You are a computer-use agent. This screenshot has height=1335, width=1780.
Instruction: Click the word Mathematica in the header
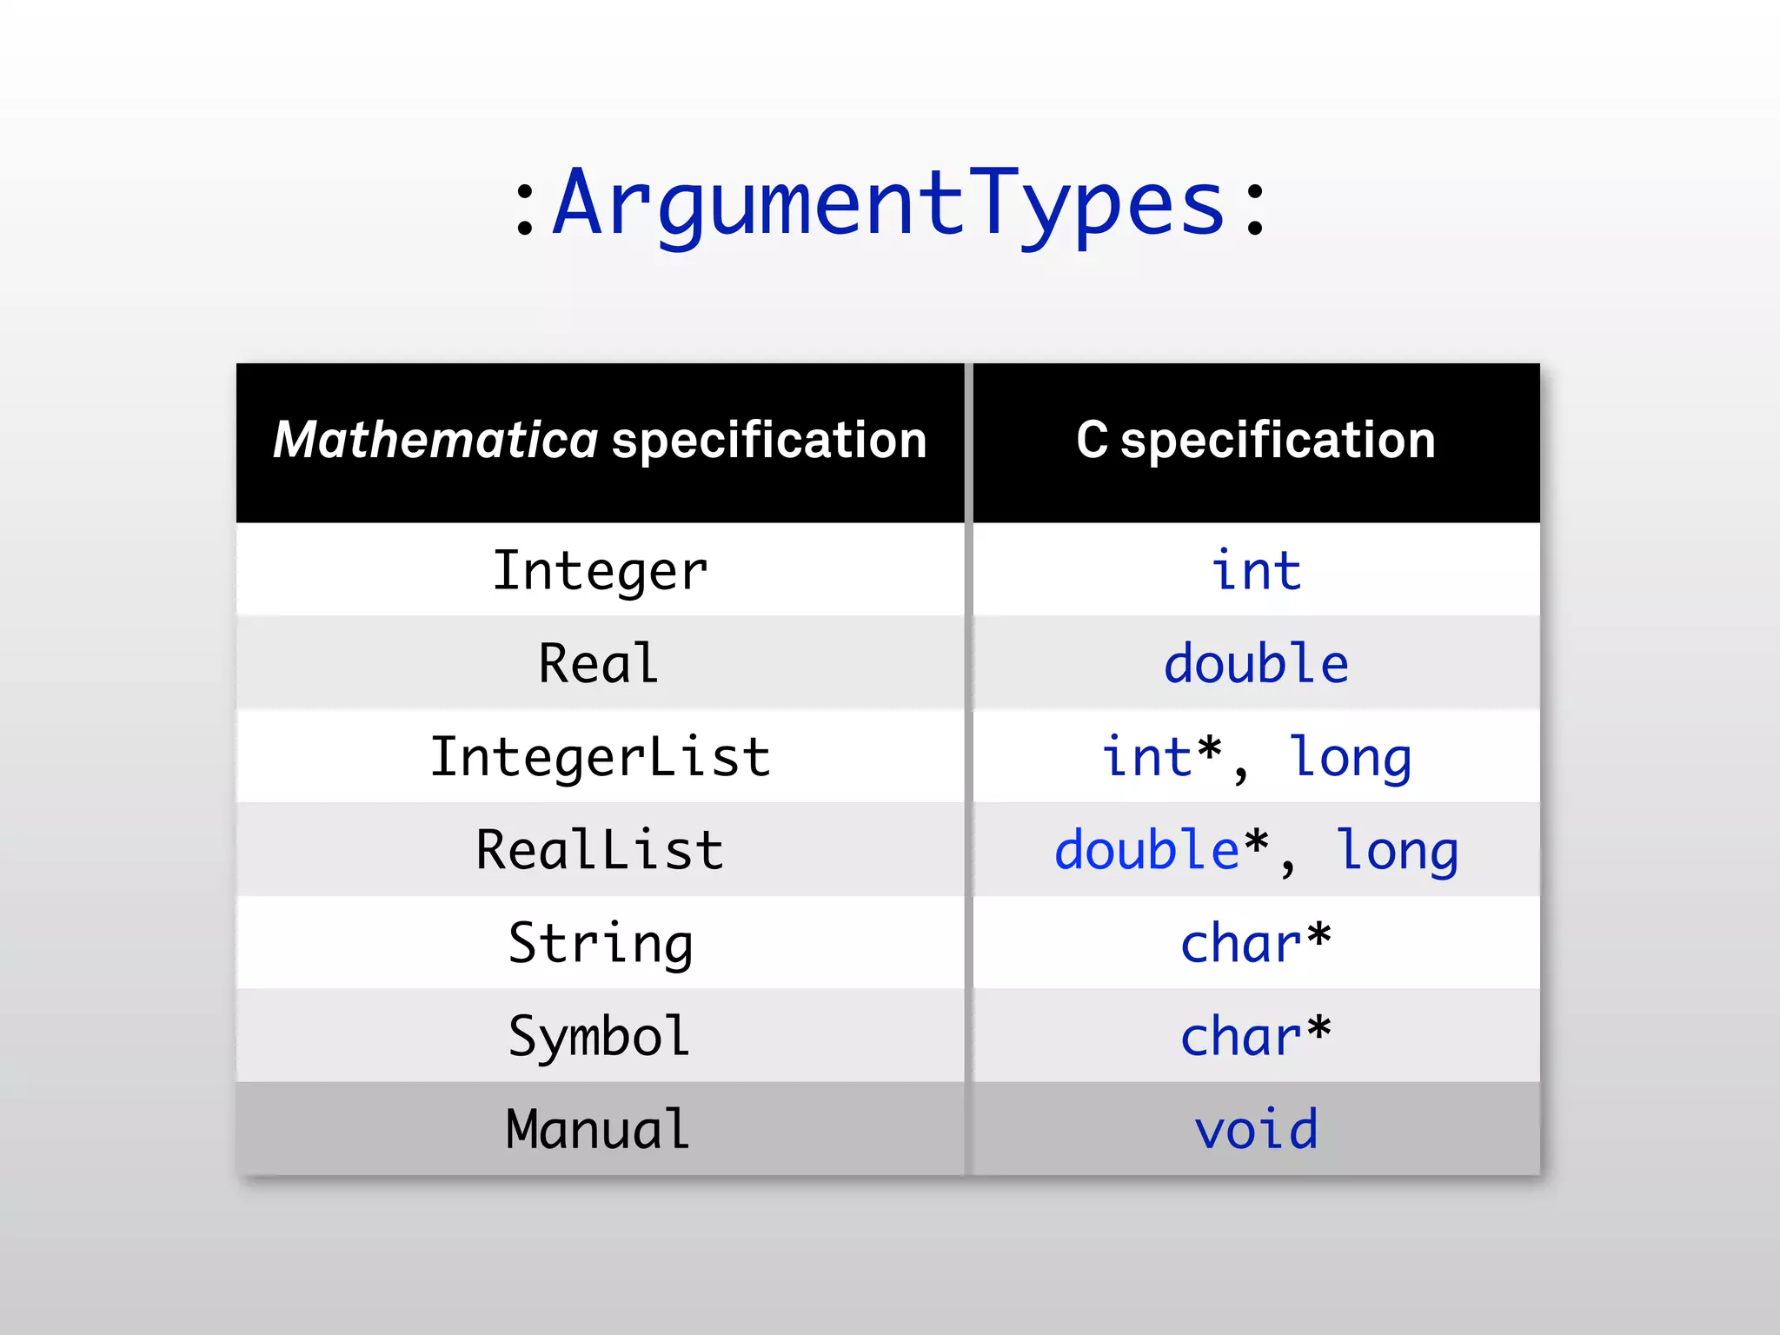435,440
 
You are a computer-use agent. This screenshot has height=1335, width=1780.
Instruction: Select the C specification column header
1255,440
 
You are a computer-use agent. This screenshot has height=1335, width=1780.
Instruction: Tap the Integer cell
600,571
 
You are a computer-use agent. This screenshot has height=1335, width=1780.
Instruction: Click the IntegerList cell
600,757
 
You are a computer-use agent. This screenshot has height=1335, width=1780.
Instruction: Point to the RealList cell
600,850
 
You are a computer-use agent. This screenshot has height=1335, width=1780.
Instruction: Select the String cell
600,943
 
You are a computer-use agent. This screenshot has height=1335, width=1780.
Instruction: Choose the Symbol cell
600,1036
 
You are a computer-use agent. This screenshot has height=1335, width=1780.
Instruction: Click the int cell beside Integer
1256,571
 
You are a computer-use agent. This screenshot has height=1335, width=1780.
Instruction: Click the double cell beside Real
1256,664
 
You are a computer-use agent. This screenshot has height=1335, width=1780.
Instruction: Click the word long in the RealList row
1397,851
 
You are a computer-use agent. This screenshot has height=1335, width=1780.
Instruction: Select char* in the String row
1256,943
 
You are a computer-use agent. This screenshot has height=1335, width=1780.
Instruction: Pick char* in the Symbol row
1256,1036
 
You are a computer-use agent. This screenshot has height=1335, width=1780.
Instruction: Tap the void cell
1256,1129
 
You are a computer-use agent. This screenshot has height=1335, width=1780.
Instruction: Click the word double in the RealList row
1146,850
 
